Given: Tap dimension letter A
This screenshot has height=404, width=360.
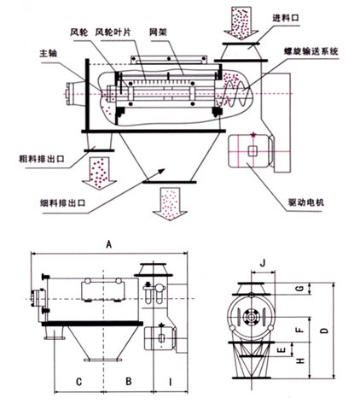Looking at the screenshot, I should click(107, 245).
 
